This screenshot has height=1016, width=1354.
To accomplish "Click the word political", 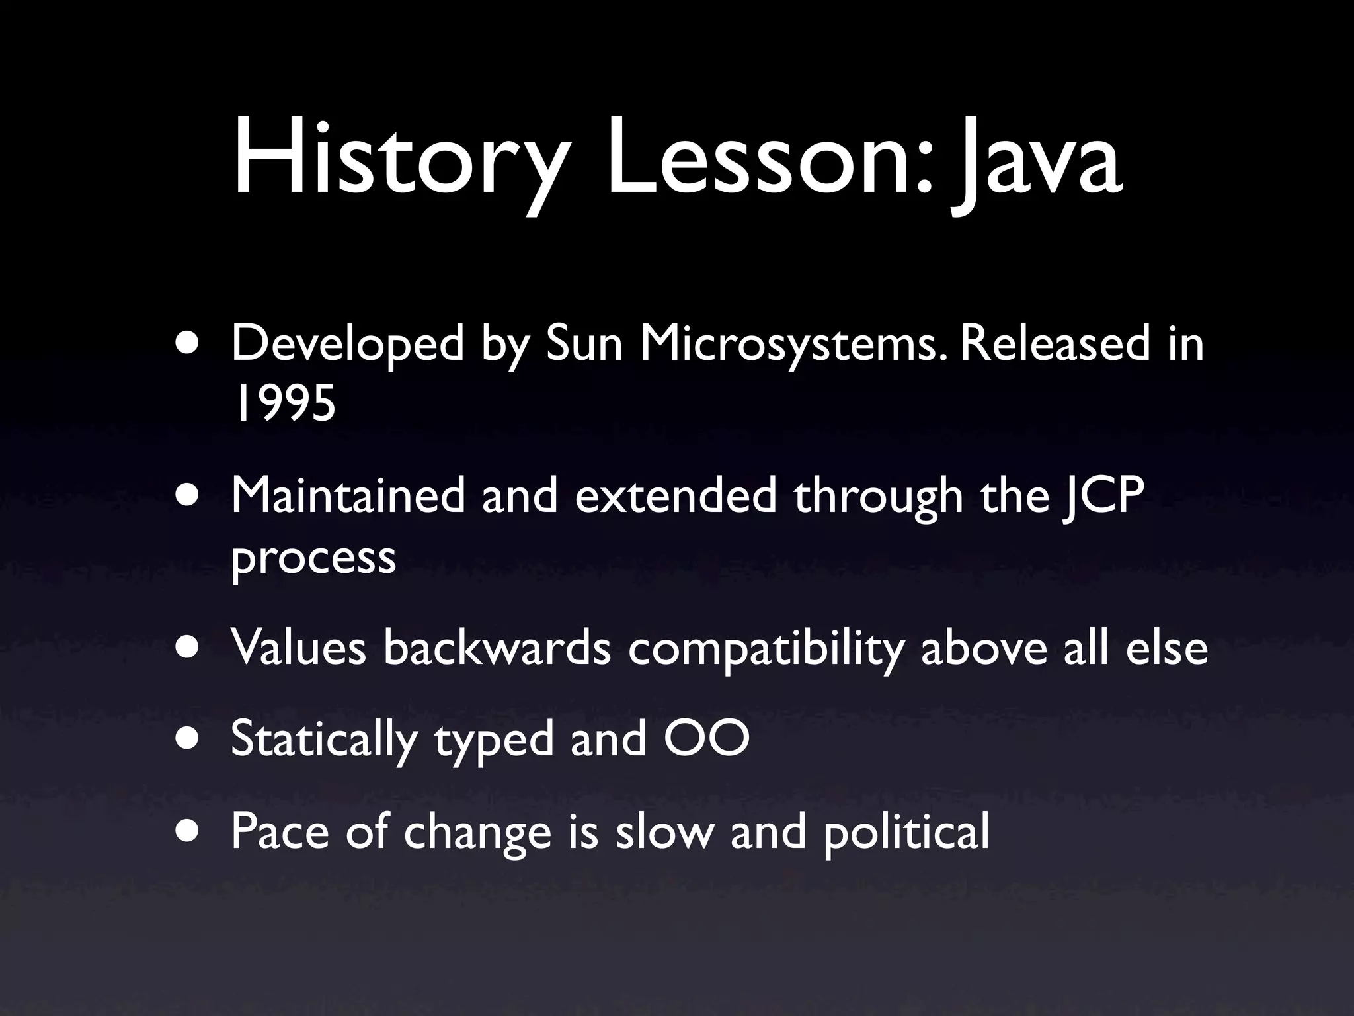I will pyautogui.click(x=906, y=832).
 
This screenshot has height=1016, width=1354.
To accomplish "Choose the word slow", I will pyautogui.click(x=664, y=831).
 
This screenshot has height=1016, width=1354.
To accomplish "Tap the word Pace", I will pyautogui.click(x=280, y=831).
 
